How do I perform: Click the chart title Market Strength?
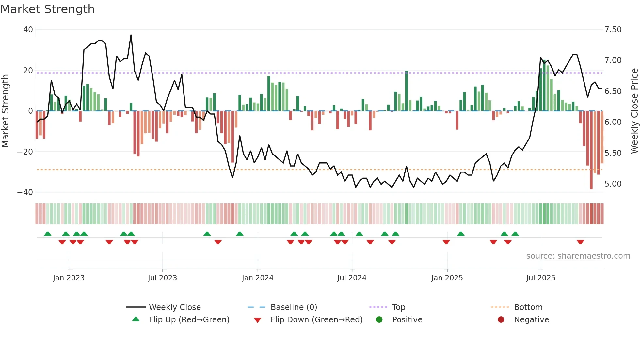(x=47, y=9)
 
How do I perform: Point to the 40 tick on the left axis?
(x=28, y=30)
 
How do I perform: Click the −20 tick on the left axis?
(x=25, y=152)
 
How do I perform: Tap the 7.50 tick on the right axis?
(x=613, y=30)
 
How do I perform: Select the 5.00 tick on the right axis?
(x=613, y=184)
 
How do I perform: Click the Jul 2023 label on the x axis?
(x=162, y=278)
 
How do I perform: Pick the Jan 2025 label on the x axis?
(x=447, y=278)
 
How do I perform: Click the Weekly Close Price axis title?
(x=634, y=111)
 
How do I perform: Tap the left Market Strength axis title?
(x=5, y=111)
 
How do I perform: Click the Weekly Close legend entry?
(x=175, y=307)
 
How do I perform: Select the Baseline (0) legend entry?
(x=294, y=307)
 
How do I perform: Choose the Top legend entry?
(x=398, y=307)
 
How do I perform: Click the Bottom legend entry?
(x=528, y=307)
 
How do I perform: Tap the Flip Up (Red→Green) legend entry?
(x=189, y=320)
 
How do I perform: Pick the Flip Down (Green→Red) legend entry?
(x=316, y=320)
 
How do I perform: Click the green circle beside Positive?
(x=379, y=319)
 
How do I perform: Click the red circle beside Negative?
(x=501, y=319)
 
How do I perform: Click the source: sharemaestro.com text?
(x=578, y=256)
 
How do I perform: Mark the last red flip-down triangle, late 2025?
(x=580, y=242)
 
